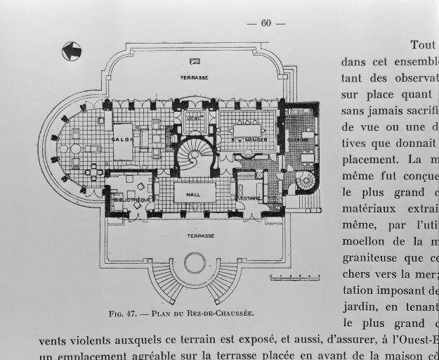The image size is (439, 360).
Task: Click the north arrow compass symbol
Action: click(x=72, y=51)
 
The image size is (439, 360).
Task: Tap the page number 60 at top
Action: click(x=266, y=23)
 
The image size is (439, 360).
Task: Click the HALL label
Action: click(x=193, y=194)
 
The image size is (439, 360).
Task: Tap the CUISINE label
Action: click(x=293, y=140)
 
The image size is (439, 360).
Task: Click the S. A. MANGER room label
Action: click(x=246, y=140)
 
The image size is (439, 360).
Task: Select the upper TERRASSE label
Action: click(x=193, y=77)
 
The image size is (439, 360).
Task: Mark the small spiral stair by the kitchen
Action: click(x=306, y=181)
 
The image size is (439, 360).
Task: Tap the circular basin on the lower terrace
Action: click(x=195, y=264)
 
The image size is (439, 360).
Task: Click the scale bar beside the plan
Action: click(x=295, y=278)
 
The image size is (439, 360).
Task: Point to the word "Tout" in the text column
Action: click(x=423, y=45)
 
